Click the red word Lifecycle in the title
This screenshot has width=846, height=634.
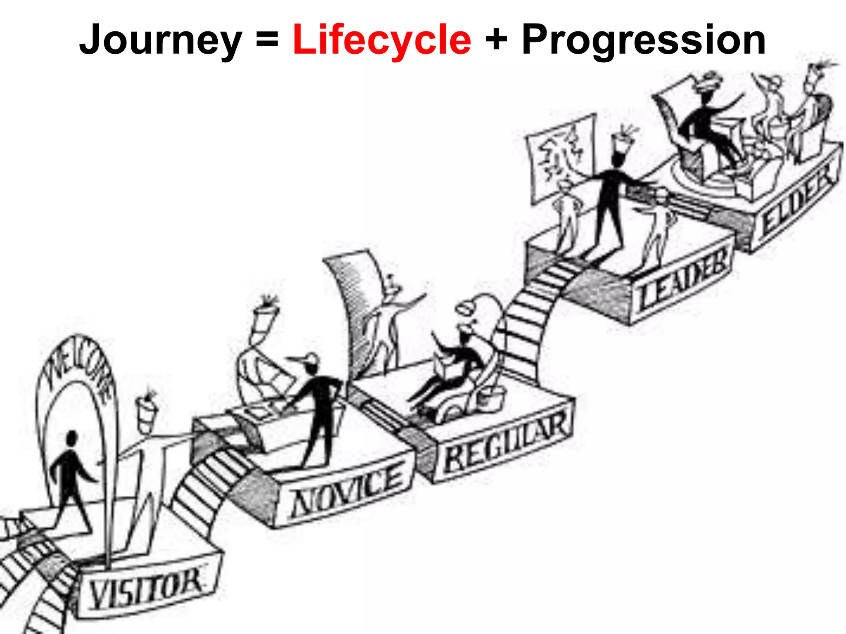pyautogui.click(x=382, y=40)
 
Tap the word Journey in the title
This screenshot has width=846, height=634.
pyautogui.click(x=160, y=40)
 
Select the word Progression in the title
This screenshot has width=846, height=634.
pyautogui.click(x=643, y=40)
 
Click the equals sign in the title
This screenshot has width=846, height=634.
pyautogui.click(x=267, y=40)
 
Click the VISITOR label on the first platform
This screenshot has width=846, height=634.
pyautogui.click(x=145, y=589)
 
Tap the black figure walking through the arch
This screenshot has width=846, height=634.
pyautogui.click(x=71, y=479)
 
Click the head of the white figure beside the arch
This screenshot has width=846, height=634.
pyautogui.click(x=147, y=411)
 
